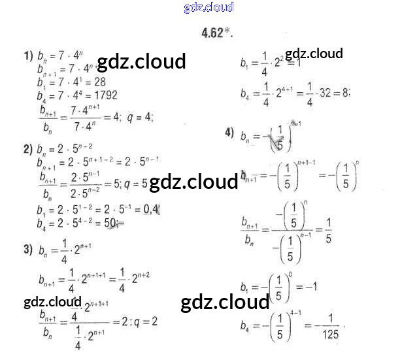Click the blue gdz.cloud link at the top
point(208,8)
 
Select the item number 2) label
point(28,149)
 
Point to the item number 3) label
point(28,249)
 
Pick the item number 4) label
point(229,133)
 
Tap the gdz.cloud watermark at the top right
point(314,54)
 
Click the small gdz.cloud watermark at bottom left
point(52,302)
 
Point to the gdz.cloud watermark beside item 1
point(141,61)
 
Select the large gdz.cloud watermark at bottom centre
point(225,303)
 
